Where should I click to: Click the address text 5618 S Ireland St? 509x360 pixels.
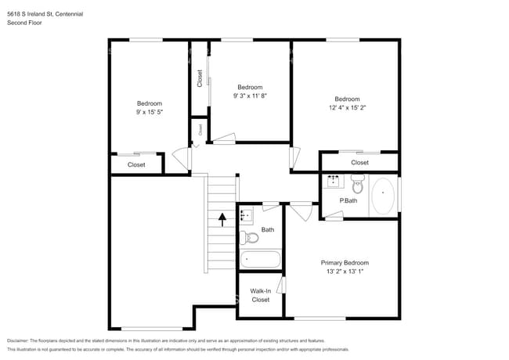coord(31,14)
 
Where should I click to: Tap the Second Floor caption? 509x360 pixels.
coord(24,23)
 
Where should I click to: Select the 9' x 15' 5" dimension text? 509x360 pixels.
coord(150,112)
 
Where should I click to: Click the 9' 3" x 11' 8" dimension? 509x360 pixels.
coord(250,95)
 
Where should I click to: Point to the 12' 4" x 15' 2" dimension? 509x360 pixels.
coord(348,108)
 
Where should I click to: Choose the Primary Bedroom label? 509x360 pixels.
coord(345,263)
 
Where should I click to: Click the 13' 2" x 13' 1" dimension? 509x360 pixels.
coord(345,272)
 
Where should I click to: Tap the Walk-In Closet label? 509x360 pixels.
coord(261,295)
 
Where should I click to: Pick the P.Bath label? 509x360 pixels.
coord(348,201)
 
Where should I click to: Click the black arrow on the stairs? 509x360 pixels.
coord(222,220)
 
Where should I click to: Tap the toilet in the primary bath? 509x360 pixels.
coord(358,184)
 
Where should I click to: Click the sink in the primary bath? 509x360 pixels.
coord(334,182)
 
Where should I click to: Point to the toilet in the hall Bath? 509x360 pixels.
coord(249,238)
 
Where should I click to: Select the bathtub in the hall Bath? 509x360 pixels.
coord(260,259)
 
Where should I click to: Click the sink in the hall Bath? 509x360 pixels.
coord(246,216)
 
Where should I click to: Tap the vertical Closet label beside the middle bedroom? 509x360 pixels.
coord(200,78)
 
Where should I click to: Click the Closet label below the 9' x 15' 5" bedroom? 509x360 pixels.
coord(136,165)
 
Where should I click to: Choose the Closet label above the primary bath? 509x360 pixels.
coord(359,163)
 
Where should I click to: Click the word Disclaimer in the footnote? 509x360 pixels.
coord(18,340)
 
